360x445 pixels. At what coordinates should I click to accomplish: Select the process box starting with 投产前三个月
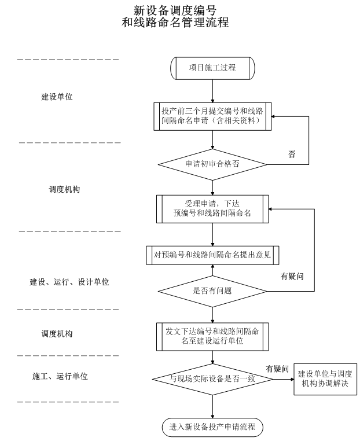click(213, 117)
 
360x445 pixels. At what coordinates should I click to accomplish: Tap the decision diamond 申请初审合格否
click(212, 164)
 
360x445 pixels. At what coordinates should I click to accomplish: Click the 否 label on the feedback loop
click(292, 155)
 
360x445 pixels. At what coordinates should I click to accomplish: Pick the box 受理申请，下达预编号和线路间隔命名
click(213, 208)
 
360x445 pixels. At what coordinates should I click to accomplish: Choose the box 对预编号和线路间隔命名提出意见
click(213, 253)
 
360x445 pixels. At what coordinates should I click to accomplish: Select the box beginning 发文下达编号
click(212, 336)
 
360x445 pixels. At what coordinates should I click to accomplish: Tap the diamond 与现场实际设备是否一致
click(212, 380)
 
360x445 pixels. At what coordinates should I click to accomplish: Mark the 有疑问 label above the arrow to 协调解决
click(277, 369)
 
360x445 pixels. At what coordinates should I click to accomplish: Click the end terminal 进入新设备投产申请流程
click(212, 428)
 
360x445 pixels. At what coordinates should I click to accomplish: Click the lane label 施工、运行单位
click(60, 376)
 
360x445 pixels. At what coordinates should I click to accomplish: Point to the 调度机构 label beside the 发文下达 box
click(57, 334)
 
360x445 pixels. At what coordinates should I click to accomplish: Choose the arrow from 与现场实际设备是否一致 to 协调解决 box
click(281, 380)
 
